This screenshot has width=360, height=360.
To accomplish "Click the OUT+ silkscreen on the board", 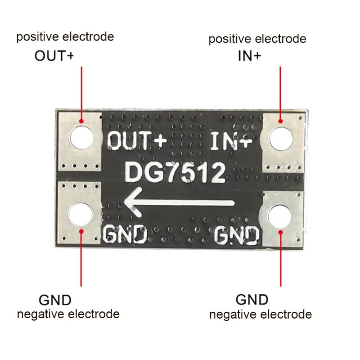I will [137, 141].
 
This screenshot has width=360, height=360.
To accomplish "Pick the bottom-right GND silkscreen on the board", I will [237, 234].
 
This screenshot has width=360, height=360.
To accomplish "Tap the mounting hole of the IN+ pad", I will [281, 139].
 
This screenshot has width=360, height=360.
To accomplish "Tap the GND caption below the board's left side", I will [55, 300].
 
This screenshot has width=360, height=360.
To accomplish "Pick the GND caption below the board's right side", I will [252, 299].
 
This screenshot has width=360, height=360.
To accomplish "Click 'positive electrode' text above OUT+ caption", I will [65, 37].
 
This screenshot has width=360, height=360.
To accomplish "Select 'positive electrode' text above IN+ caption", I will [257, 39].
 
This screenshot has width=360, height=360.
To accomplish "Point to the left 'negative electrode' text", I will [68, 314].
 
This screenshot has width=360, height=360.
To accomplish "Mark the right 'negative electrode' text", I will [261, 314].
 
